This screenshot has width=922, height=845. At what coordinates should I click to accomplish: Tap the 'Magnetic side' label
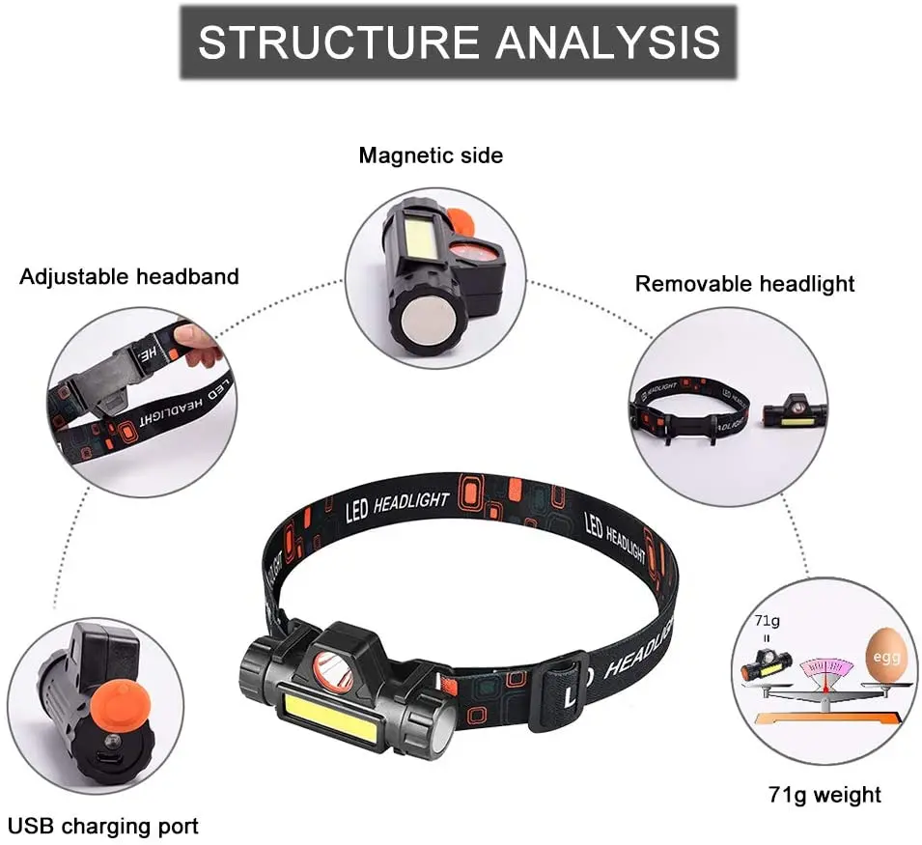click(x=431, y=155)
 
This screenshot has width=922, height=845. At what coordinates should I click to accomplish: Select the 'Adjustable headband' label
click(x=129, y=277)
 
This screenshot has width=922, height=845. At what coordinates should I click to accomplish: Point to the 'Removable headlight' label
click(x=744, y=284)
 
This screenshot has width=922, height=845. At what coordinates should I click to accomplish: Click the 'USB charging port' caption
click(x=103, y=827)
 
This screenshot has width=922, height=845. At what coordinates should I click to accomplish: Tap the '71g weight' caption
click(x=824, y=795)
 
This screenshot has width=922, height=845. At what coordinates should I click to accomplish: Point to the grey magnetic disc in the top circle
click(x=425, y=320)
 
